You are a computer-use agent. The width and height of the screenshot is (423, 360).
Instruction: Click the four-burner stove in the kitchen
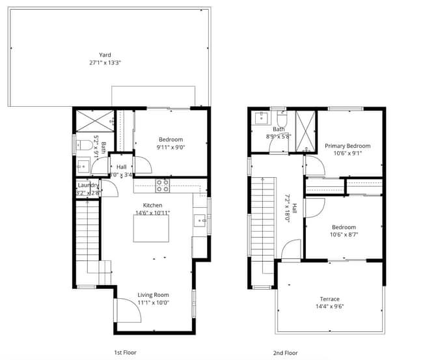coord(163,186)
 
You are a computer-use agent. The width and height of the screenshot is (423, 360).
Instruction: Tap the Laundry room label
coord(88,186)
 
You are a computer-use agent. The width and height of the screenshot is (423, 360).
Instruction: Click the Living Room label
coord(153,295)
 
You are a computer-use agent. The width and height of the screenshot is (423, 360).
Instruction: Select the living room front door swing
coord(128,311)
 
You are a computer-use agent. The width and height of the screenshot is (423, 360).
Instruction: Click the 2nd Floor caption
coord(286,353)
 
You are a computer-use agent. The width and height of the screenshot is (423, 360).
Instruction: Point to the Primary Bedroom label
coord(348,146)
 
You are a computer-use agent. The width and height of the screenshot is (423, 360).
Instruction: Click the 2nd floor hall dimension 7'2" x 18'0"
coord(287,208)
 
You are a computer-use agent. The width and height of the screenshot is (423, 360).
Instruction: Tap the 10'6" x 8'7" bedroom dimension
coord(344,234)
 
